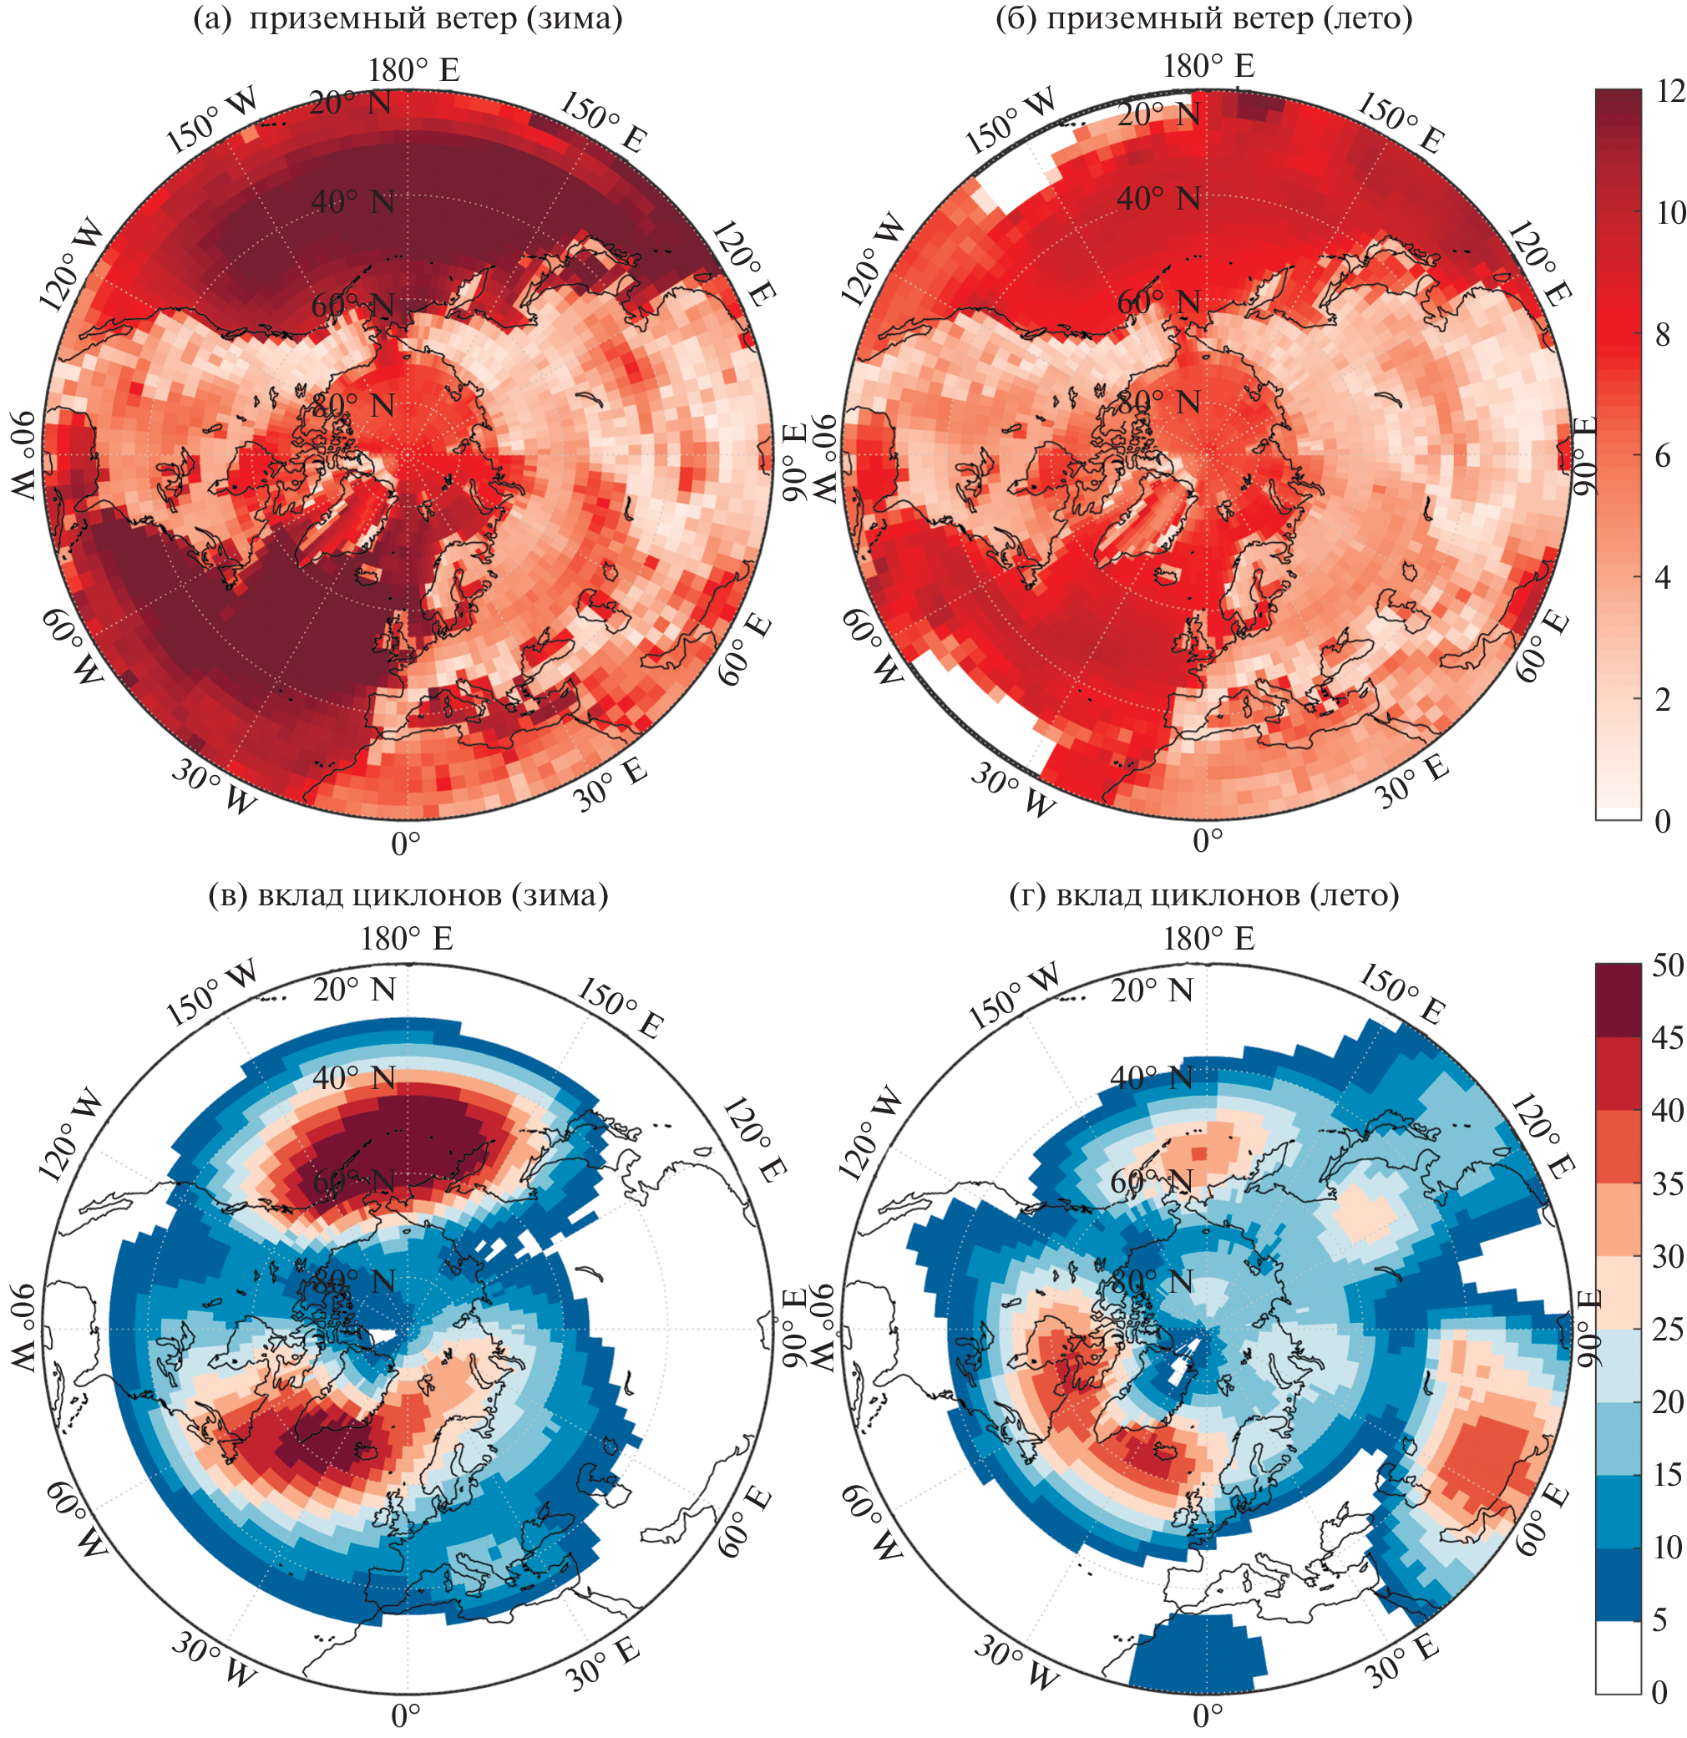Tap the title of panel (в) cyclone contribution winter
pos(408,894)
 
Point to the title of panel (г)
pos(1203,894)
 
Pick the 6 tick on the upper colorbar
pos(1663,456)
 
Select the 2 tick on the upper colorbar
pos(1663,700)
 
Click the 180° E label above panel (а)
pos(414,70)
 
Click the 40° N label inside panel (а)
pos(352,202)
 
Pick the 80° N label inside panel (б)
pos(1158,403)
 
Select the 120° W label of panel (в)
pos(71,1138)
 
